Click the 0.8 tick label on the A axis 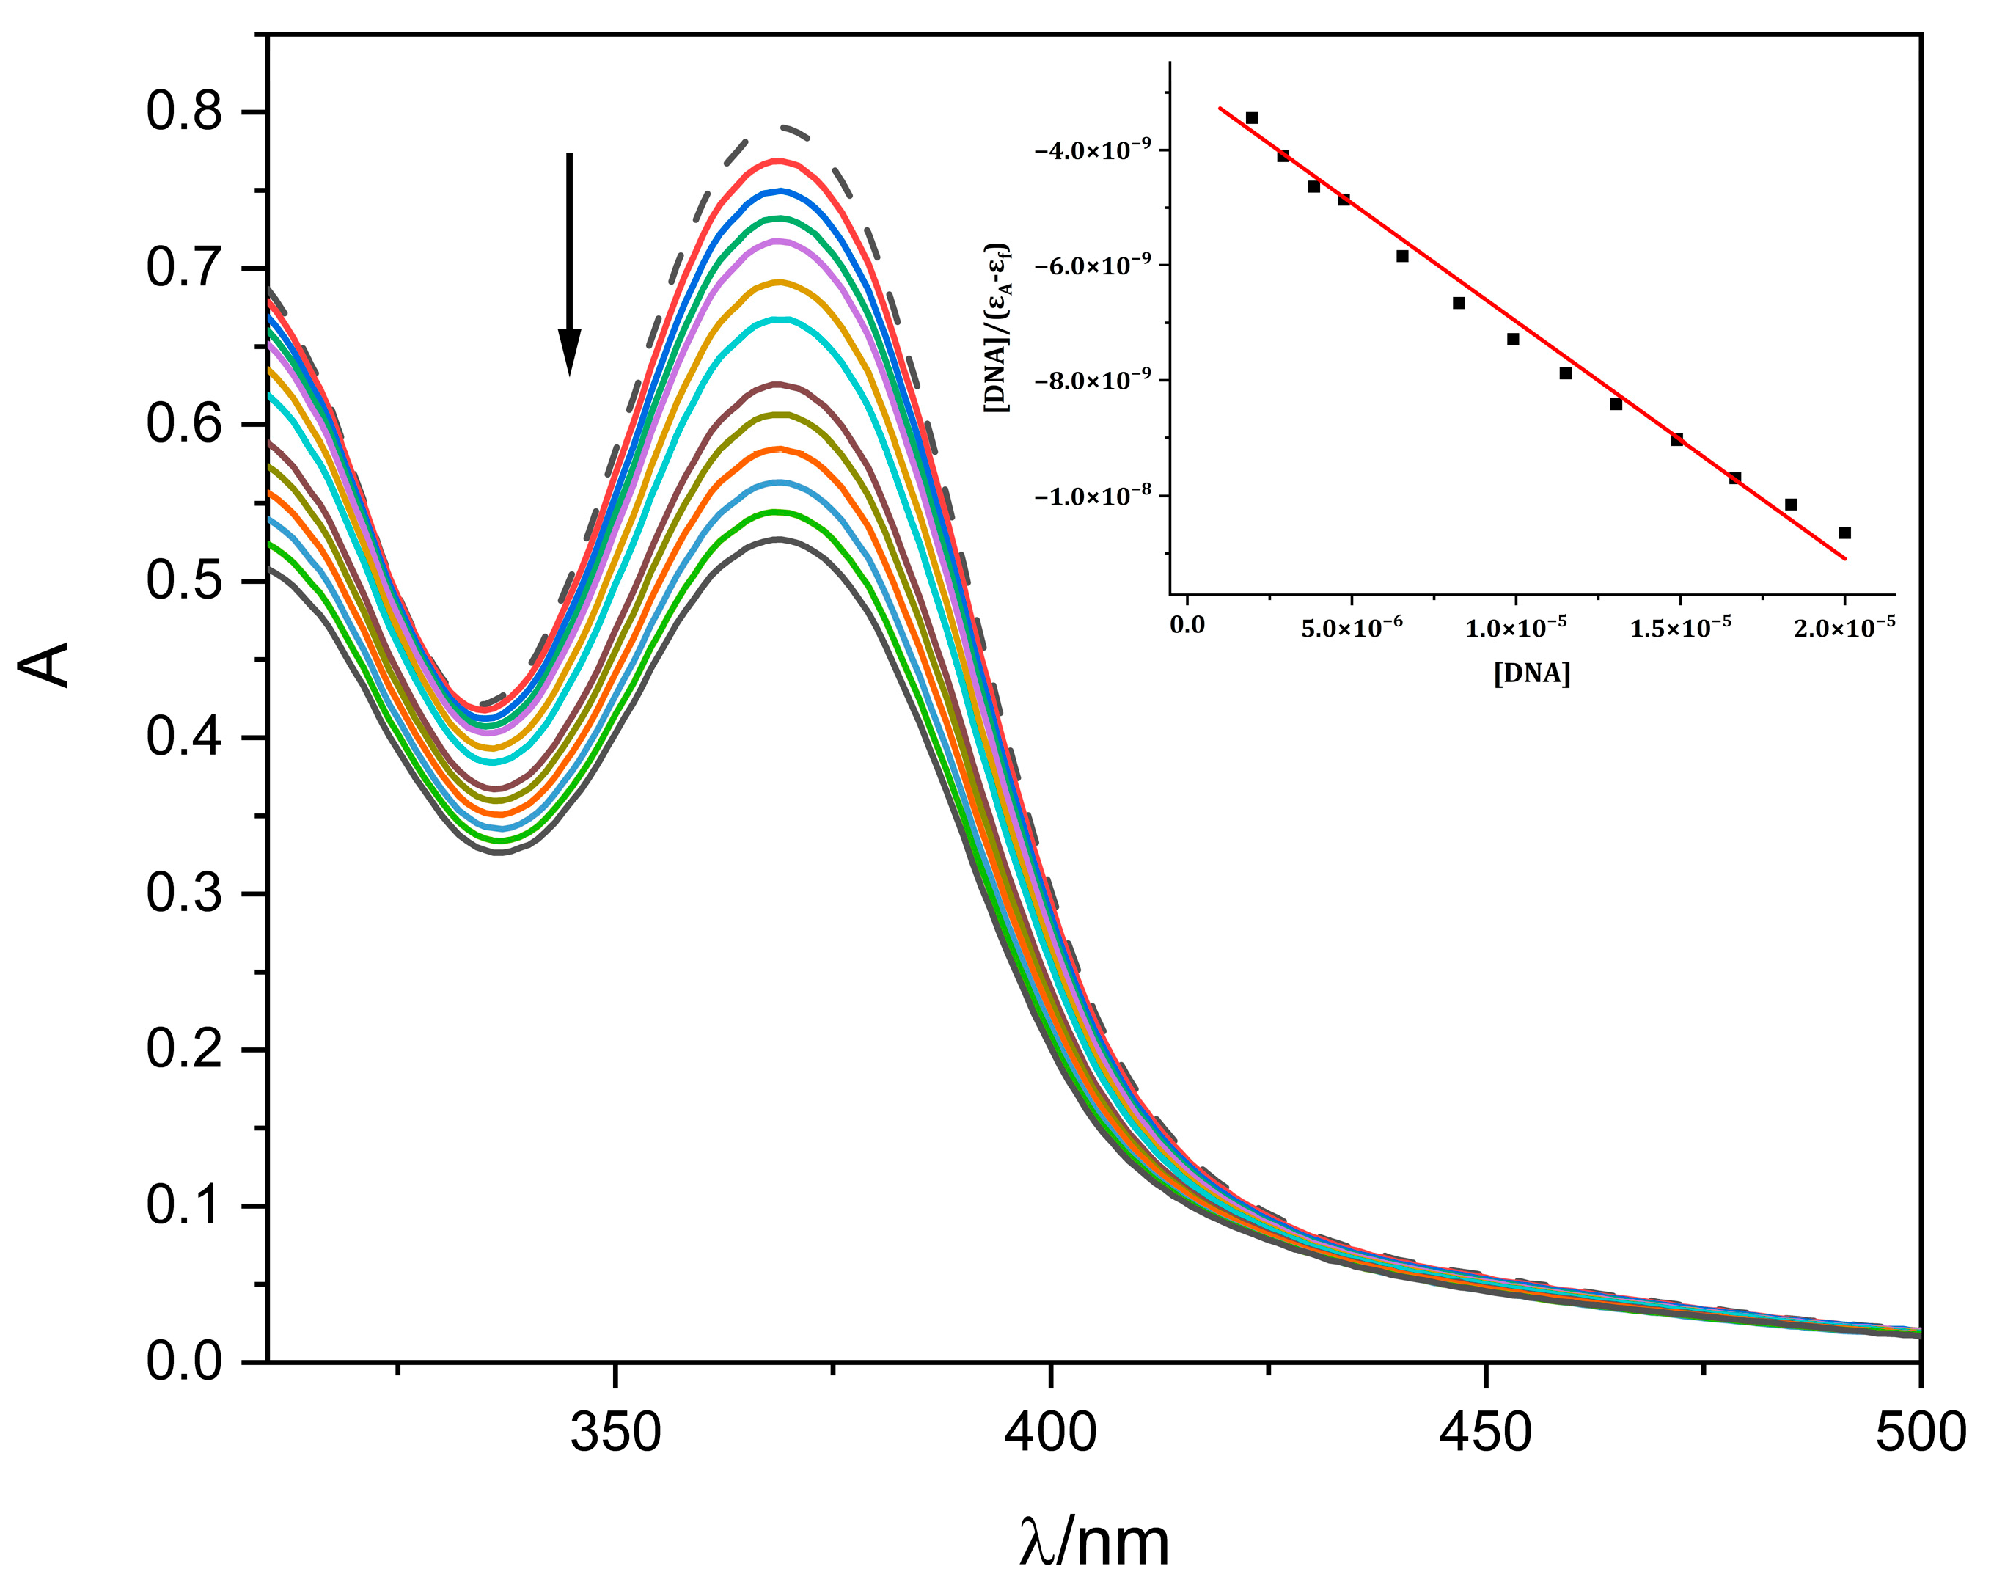(184, 112)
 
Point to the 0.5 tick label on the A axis (184, 581)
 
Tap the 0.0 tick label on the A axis (184, 1362)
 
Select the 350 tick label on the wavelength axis (615, 1433)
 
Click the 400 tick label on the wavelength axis (1051, 1433)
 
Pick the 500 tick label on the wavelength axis (1920, 1433)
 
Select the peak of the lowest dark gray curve (779, 539)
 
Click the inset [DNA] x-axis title (1531, 673)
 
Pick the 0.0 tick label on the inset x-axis (1187, 625)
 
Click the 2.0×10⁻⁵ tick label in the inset (1844, 627)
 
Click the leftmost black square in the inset (1251, 117)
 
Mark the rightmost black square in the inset (1844, 533)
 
